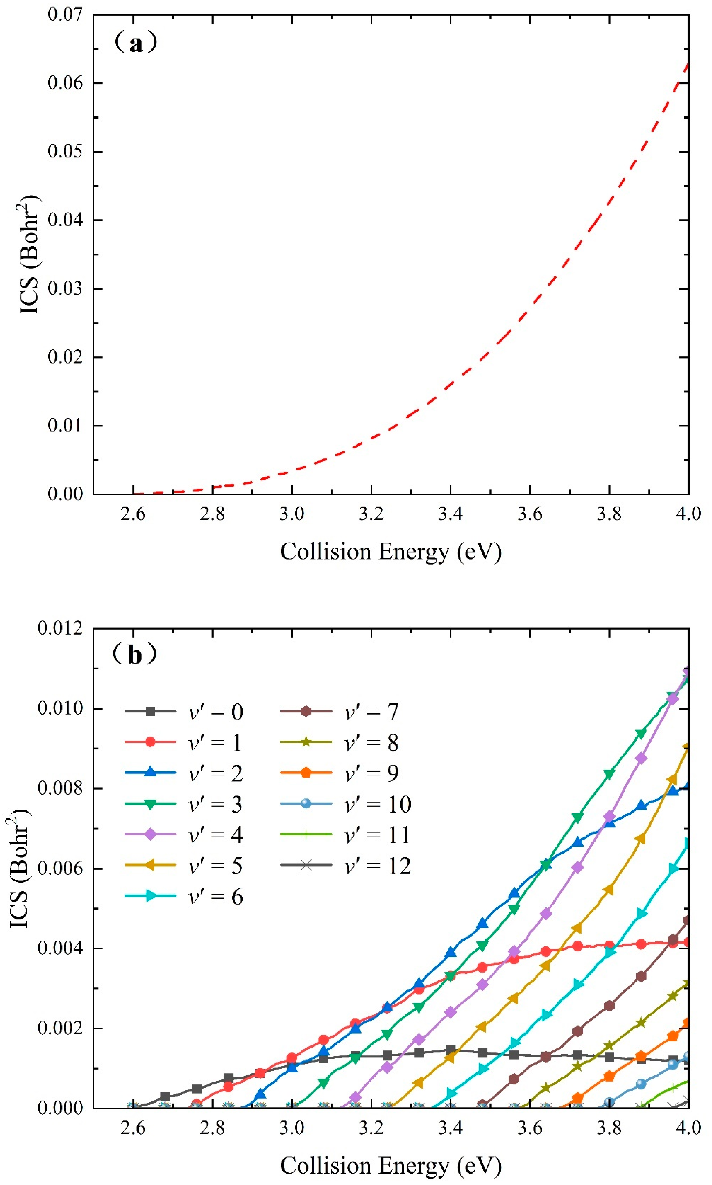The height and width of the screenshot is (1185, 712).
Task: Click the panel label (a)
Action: [136, 43]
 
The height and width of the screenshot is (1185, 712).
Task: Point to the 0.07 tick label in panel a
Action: [65, 14]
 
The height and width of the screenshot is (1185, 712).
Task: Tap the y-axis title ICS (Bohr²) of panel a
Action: [30, 254]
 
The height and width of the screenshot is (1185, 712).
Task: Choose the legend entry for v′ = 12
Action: [345, 865]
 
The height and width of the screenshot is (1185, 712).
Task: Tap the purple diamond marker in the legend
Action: [150, 835]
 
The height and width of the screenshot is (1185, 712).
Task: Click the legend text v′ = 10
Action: [378, 804]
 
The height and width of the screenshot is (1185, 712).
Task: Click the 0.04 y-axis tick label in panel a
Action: [65, 220]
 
